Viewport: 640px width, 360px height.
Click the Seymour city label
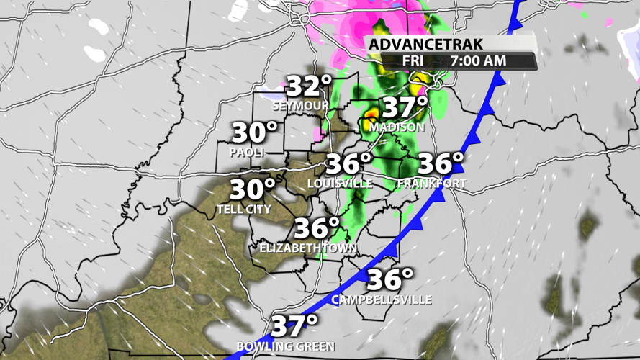(x=300, y=106)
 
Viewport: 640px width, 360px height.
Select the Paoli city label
(x=247, y=153)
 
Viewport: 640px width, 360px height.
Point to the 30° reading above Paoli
(x=254, y=133)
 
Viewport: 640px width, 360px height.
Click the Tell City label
(x=243, y=210)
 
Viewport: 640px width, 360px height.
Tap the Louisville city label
(x=340, y=184)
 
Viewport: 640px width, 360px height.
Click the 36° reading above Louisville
(x=348, y=164)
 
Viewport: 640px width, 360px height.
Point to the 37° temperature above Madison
(x=405, y=107)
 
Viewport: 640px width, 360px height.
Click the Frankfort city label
(x=431, y=184)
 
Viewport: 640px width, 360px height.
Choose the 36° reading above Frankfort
(x=441, y=163)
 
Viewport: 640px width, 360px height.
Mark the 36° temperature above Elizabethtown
(x=316, y=229)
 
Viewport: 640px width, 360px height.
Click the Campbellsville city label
(x=381, y=299)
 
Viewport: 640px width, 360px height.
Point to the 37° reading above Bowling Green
(x=294, y=327)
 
